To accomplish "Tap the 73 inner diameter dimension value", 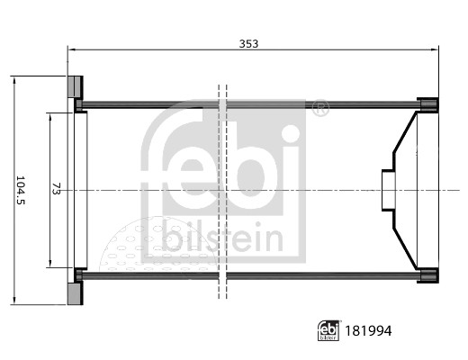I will click(x=57, y=190).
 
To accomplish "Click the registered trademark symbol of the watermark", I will click(x=319, y=109).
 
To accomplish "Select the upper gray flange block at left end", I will click(x=76, y=87).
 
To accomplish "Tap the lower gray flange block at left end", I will click(x=76, y=293).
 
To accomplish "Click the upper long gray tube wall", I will click(x=243, y=105).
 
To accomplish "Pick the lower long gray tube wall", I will click(x=243, y=275).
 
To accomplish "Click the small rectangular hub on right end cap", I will click(x=388, y=190).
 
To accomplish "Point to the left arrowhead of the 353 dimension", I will click(x=71, y=50).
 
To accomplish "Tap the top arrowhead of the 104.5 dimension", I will click(x=14, y=80).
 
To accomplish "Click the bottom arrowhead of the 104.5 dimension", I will click(x=14, y=301).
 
